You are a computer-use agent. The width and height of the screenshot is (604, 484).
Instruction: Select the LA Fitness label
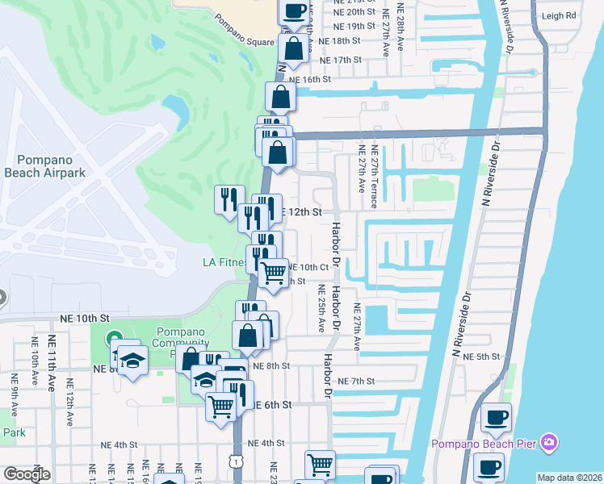(224, 262)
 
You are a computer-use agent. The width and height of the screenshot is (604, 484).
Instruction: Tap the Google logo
(27, 474)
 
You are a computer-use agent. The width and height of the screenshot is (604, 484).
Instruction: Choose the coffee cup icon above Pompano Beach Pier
(497, 417)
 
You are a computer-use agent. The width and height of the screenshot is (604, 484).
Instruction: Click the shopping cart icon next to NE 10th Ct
(275, 273)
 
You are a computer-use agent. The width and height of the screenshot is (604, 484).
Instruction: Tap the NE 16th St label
(311, 80)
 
